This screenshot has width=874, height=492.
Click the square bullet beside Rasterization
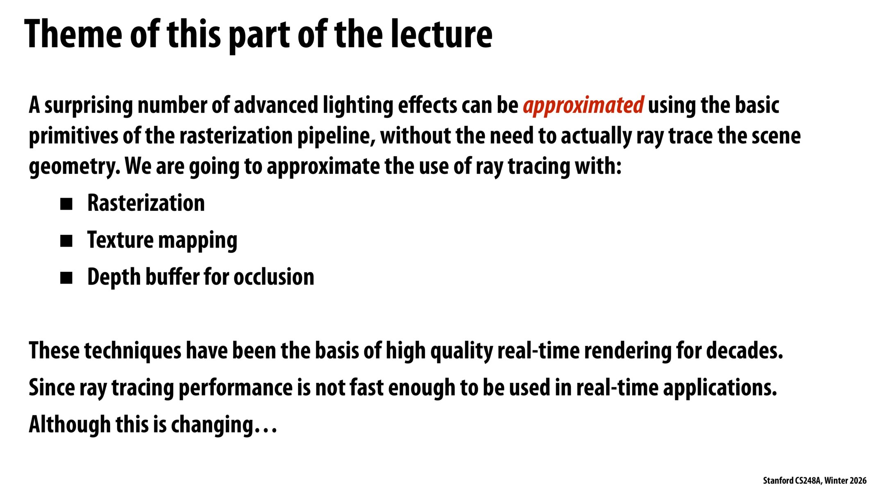pyautogui.click(x=66, y=204)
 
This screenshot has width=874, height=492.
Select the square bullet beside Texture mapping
pyautogui.click(x=66, y=241)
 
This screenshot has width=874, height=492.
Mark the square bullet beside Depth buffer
pyautogui.click(x=66, y=278)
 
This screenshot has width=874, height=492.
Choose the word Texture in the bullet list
pyautogui.click(x=120, y=240)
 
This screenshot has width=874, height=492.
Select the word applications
pyautogui.click(x=720, y=388)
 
